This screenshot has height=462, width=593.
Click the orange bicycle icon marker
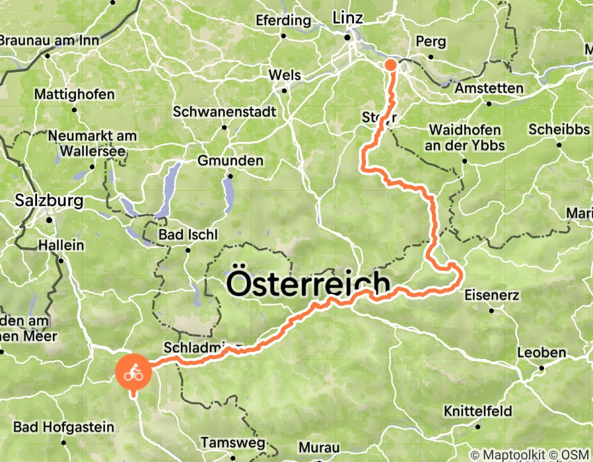134,373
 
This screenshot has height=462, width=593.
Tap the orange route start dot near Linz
390,64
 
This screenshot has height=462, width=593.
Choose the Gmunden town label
230,160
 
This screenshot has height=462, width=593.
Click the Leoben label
541,352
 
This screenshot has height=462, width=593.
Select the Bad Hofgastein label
63,427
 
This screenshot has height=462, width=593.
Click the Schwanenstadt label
224,112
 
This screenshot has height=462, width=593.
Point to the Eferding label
285,20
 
